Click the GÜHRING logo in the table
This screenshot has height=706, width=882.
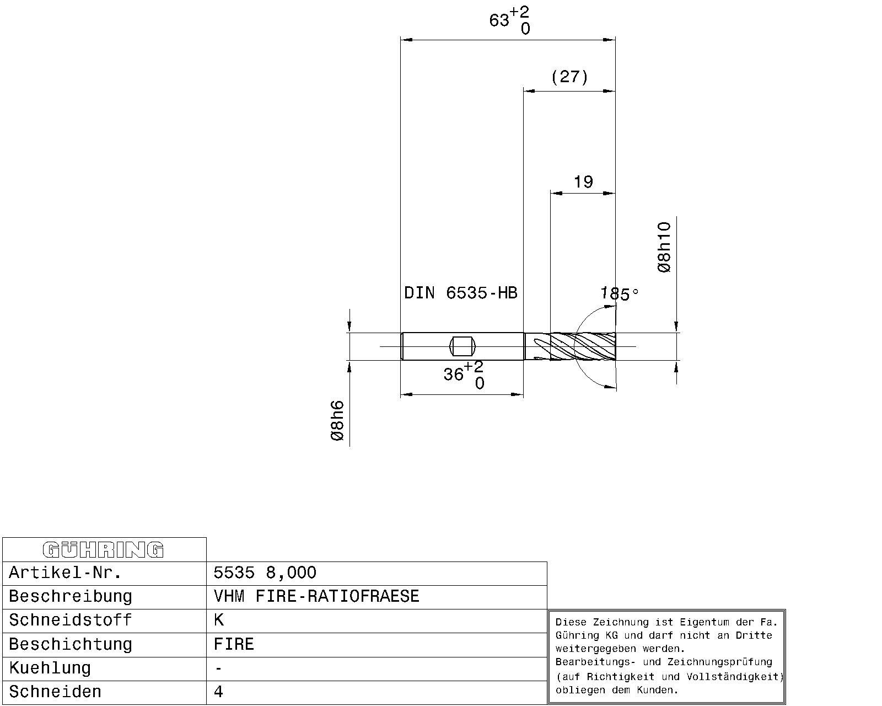103,550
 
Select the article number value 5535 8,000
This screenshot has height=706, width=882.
265,573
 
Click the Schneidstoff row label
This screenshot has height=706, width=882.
70,620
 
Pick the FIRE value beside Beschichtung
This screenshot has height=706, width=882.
234,644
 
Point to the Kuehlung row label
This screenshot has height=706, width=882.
50,668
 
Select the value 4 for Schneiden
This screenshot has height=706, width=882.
218,692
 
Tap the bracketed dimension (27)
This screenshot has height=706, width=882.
569,77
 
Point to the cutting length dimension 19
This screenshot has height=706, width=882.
583,181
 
